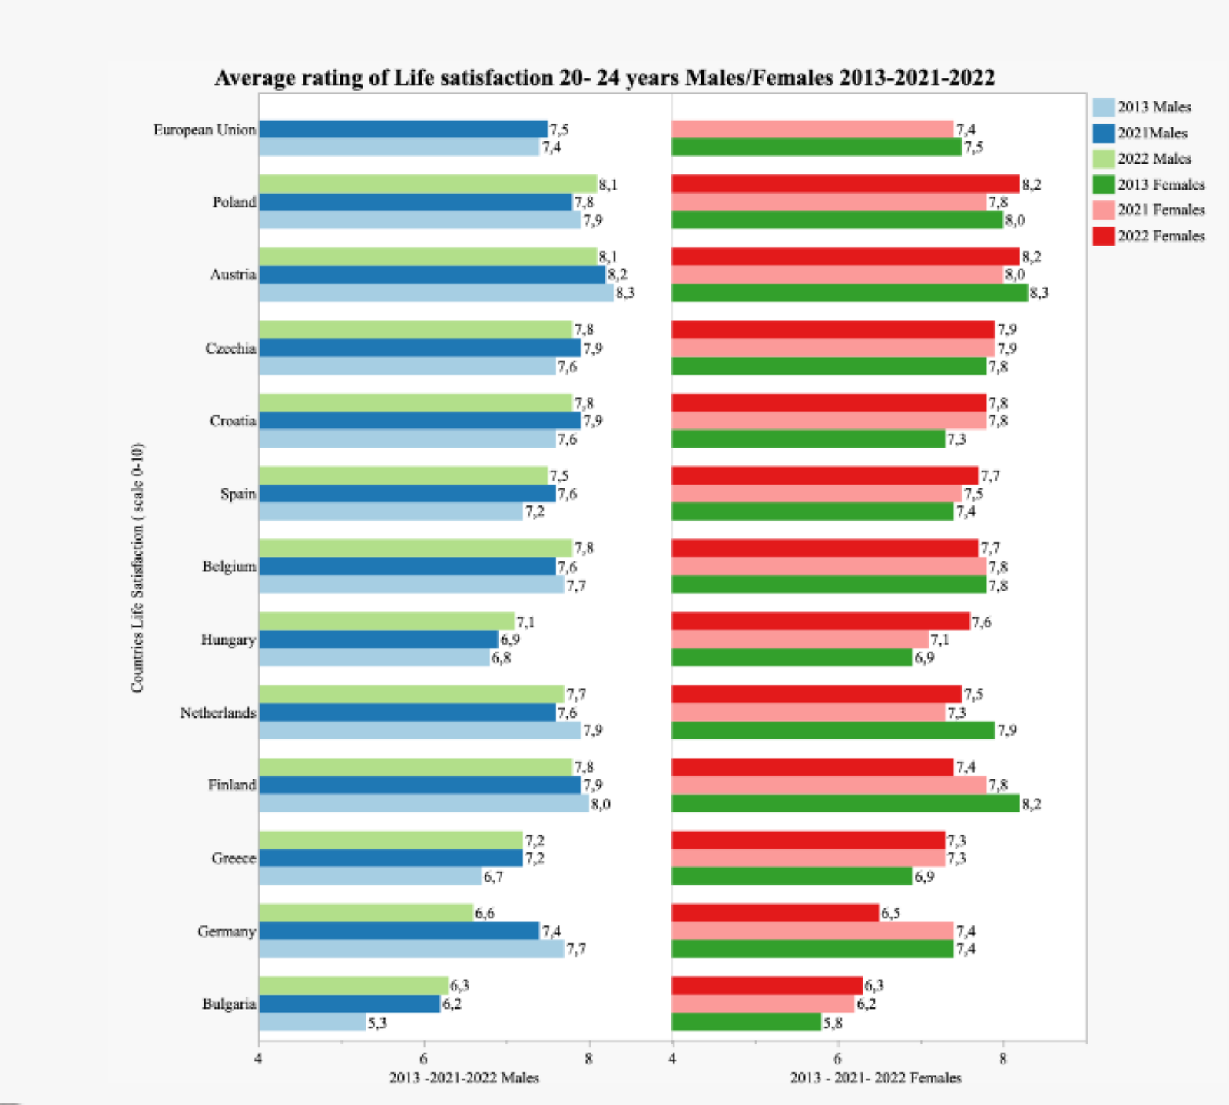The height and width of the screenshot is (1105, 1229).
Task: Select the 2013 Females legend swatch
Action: (x=1103, y=184)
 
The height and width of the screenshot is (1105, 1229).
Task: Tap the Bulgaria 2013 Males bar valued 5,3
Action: (x=312, y=1022)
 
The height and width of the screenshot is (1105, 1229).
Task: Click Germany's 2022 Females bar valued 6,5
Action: (x=775, y=913)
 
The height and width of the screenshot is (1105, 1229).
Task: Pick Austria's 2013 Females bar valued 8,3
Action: (x=850, y=293)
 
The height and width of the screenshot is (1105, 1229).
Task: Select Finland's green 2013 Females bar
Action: (x=845, y=803)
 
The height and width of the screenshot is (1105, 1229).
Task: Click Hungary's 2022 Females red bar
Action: (x=820, y=621)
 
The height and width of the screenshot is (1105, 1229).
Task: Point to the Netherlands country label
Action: (x=218, y=713)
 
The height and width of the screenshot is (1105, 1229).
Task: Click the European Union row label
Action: (x=204, y=130)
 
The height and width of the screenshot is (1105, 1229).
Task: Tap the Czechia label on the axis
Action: (x=230, y=349)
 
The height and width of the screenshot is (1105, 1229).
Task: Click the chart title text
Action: (x=605, y=78)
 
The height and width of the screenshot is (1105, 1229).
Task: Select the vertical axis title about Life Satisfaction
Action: (x=137, y=568)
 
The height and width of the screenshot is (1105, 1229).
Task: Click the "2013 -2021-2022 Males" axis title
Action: (x=464, y=1078)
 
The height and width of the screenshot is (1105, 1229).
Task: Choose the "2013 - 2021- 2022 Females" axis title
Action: (x=876, y=1078)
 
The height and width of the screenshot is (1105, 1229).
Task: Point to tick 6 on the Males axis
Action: (x=423, y=1059)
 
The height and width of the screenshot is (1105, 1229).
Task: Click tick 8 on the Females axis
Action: (x=1003, y=1059)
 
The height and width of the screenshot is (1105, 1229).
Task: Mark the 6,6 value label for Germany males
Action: (x=485, y=913)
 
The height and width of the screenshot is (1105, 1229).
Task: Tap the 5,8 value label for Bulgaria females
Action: (x=833, y=1023)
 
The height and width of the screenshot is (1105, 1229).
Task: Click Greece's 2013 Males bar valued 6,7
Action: (x=370, y=876)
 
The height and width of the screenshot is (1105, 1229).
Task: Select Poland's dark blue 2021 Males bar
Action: (x=415, y=202)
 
